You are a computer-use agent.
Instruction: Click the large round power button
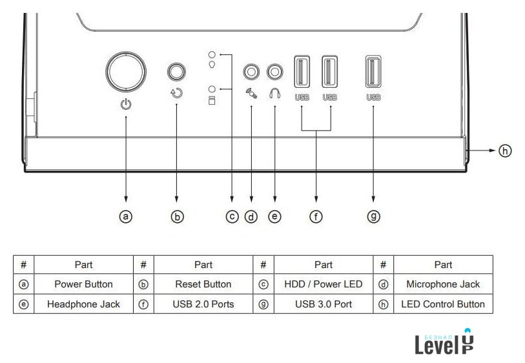(x=127, y=71)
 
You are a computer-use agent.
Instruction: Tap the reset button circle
(x=177, y=71)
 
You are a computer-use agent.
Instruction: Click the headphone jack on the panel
(x=276, y=71)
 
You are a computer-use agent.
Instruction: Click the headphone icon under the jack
(x=275, y=94)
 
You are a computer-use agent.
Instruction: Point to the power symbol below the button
(x=126, y=103)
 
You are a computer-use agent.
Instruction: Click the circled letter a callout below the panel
(x=126, y=217)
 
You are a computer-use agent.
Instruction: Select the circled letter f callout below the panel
(x=316, y=217)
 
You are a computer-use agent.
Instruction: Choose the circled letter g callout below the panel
(x=373, y=217)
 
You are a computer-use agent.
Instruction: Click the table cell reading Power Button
(x=83, y=284)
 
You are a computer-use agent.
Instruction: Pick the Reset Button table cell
(x=203, y=284)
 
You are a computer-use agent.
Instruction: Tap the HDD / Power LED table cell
(x=323, y=284)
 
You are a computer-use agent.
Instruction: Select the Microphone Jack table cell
(x=443, y=284)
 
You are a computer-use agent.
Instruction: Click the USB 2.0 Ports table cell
(x=203, y=304)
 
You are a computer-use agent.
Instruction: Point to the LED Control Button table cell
(x=443, y=304)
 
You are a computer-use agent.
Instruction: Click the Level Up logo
(x=444, y=342)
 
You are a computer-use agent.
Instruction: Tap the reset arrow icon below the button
(x=177, y=93)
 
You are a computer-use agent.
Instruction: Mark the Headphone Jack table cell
(x=83, y=304)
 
